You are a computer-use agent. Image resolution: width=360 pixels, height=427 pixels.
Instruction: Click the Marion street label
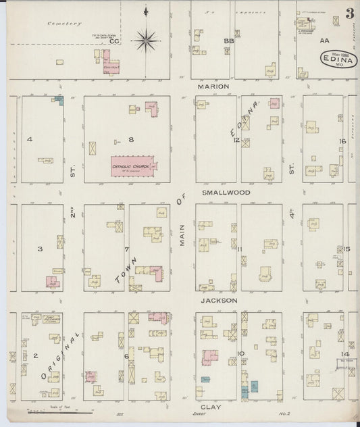point(213,87)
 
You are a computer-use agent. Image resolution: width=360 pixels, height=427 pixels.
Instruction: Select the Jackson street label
point(218,300)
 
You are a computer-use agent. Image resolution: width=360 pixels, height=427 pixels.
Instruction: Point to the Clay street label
point(212,407)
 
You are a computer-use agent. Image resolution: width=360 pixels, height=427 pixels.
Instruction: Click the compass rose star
point(146,40)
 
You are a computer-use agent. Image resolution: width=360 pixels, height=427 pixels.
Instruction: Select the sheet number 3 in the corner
point(350,13)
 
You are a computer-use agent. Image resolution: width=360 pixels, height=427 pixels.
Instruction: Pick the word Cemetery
point(59,24)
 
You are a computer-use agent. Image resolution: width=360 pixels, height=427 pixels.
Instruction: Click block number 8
point(131,139)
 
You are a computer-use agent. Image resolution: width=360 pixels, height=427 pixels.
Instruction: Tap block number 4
point(30,139)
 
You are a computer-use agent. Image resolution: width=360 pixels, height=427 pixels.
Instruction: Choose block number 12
point(236,140)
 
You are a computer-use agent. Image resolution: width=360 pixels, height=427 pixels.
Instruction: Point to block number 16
point(342,141)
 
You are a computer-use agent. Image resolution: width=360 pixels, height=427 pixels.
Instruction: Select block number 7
point(126,249)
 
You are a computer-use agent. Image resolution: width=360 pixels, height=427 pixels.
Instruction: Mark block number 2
point(35,355)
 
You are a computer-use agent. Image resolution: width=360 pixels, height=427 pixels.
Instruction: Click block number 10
point(241,353)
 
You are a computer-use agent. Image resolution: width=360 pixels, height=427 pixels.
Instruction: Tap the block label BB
point(229,41)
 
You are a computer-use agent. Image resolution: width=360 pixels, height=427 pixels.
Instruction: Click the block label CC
point(115,42)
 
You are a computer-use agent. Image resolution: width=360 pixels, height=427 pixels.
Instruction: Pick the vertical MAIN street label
point(182,234)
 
